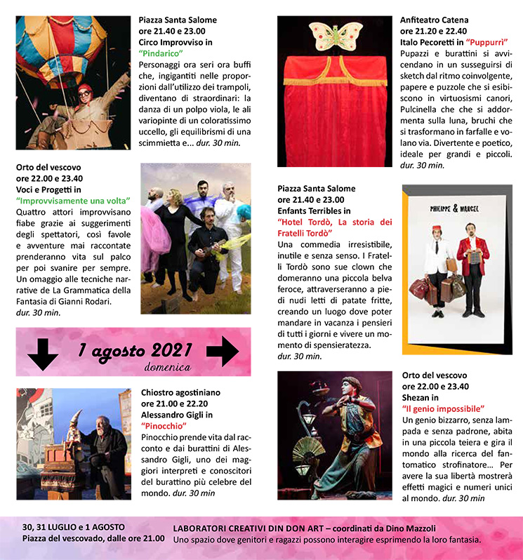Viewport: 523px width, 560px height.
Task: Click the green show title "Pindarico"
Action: pyautogui.click(x=161, y=53)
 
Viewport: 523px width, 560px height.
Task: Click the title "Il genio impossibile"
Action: pyautogui.click(x=443, y=408)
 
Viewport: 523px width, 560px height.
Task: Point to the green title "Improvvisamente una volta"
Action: pyautogui.click(x=73, y=201)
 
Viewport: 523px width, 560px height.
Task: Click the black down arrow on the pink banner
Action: pyautogui.click(x=44, y=353)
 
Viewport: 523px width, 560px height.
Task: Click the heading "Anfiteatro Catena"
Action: pyautogui.click(x=434, y=20)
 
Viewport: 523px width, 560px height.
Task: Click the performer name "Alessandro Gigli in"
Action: pyautogui.click(x=175, y=414)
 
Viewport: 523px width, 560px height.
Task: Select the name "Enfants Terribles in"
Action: pyautogui.click(x=314, y=211)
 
